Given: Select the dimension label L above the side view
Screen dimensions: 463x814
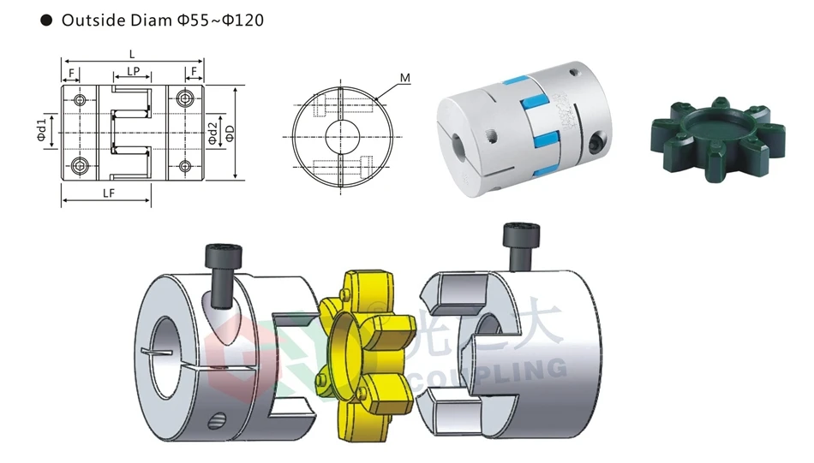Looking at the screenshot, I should pos(132,53).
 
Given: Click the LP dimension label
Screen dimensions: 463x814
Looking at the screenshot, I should pos(133,72).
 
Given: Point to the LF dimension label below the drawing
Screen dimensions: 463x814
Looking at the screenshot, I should pos(109,193).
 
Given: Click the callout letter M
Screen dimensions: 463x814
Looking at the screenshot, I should pos(405,78).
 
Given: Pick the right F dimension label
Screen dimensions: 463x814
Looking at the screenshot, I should pos(195,72).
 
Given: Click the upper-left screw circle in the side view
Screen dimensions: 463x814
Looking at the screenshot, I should pos(80,101).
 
